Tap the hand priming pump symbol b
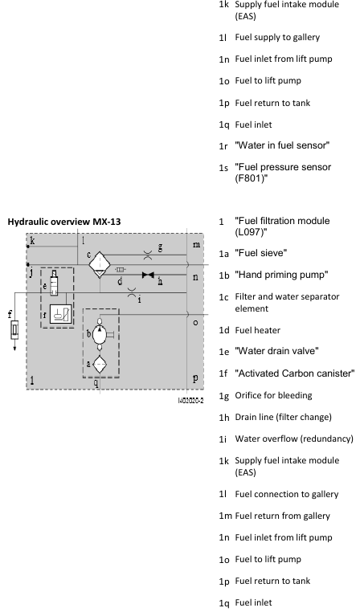click(x=100, y=335)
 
